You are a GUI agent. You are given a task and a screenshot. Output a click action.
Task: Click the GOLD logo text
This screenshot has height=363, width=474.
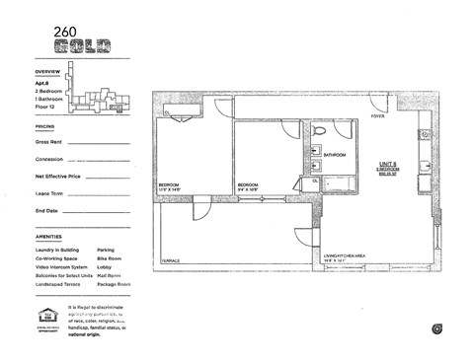(85, 44)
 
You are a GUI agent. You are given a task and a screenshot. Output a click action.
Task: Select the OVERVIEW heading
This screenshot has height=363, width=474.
(47, 73)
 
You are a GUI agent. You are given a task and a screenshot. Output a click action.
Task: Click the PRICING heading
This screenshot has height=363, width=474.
(44, 127)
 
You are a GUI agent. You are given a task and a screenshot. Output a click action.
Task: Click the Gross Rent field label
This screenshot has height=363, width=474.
(49, 142)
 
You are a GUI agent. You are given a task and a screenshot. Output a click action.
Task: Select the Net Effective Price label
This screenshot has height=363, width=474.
(58, 177)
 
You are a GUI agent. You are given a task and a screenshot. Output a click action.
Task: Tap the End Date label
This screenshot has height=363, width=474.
(46, 211)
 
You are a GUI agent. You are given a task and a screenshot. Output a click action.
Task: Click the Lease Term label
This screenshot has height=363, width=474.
(48, 194)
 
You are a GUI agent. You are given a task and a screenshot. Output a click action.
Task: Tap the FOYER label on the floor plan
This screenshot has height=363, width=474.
(377, 115)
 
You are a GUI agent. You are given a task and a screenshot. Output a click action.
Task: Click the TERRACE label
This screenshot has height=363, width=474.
(171, 260)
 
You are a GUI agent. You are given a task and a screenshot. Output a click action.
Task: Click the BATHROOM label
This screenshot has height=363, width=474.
(334, 155)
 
